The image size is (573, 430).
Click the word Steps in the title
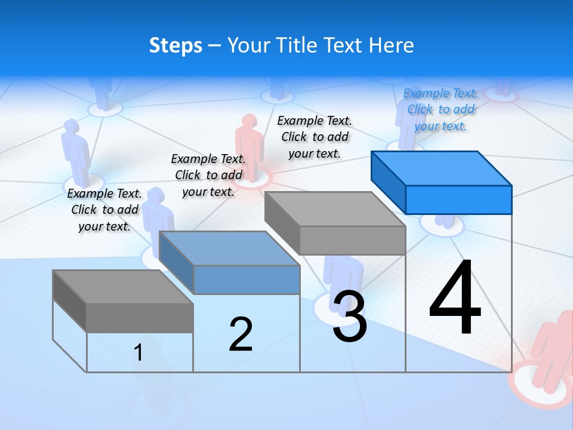tap(175, 46)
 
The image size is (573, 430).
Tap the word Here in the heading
tap(391, 45)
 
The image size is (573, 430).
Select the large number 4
tap(455, 299)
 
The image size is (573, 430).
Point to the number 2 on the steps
tap(241, 334)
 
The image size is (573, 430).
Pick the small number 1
tap(138, 352)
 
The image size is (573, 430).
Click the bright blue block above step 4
tap(442, 182)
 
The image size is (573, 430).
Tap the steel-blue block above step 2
tap(230, 263)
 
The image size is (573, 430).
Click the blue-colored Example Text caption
tap(440, 109)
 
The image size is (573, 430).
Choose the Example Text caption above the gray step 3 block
tap(315, 137)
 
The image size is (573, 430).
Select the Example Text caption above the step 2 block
tap(208, 175)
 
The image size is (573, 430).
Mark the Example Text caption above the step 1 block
tap(104, 210)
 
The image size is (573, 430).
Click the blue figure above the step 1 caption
tap(74, 149)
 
